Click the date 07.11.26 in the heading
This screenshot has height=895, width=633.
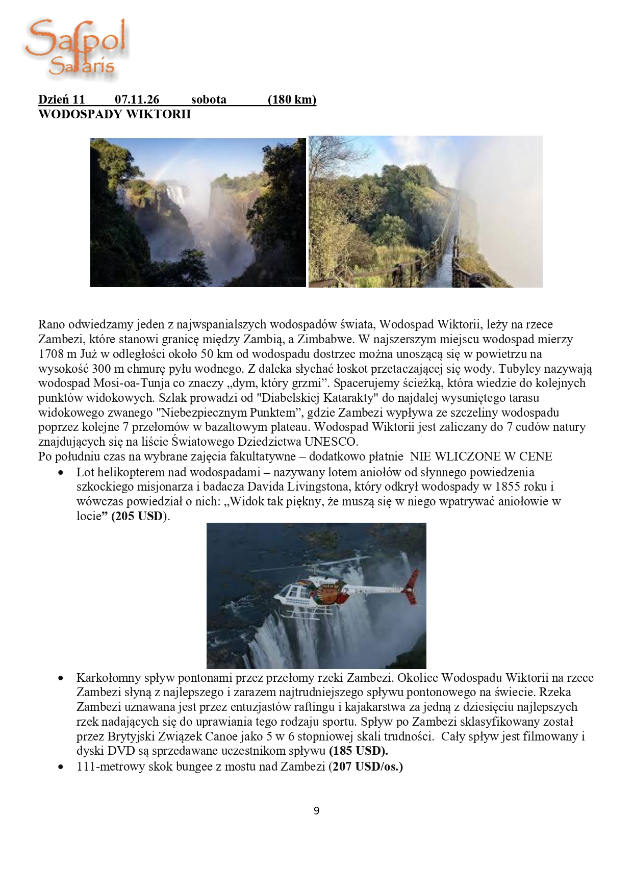click(x=137, y=99)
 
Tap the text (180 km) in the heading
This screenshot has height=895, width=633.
click(x=292, y=99)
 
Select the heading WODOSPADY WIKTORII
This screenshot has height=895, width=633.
click(x=114, y=114)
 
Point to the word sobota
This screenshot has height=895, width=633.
click(x=209, y=99)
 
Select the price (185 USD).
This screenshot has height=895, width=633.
click(x=358, y=751)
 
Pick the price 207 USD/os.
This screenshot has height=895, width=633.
click(x=368, y=766)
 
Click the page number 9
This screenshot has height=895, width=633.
click(x=316, y=811)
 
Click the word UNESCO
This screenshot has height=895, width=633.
click(x=331, y=442)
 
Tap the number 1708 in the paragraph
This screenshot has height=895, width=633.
click(x=51, y=354)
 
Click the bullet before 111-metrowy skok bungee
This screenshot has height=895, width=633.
click(x=61, y=766)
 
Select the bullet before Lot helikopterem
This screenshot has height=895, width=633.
click(x=61, y=473)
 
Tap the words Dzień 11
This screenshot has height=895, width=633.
click(x=61, y=99)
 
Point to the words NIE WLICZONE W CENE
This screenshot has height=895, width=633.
click(x=480, y=456)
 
